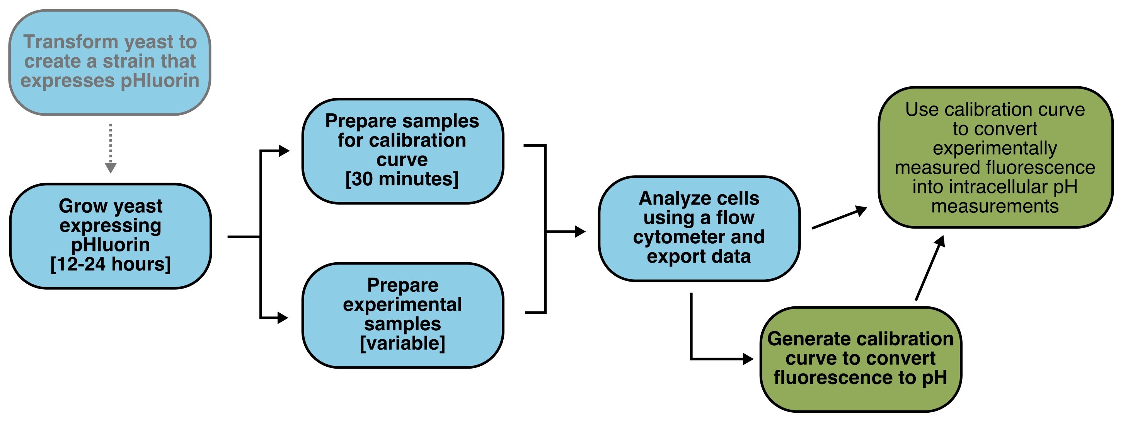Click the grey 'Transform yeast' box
click(x=110, y=62)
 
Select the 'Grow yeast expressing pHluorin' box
click(x=111, y=236)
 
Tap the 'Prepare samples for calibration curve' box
click(x=403, y=151)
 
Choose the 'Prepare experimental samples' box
click(x=403, y=315)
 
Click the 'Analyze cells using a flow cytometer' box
click(x=699, y=229)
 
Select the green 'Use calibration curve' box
click(x=996, y=157)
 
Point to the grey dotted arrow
click(x=111, y=149)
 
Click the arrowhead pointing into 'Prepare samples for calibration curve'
click(x=284, y=150)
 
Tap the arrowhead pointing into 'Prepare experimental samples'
click(x=283, y=318)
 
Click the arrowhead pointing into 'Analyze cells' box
click(x=580, y=231)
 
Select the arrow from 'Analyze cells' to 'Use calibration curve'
click(x=839, y=217)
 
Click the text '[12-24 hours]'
click(x=111, y=265)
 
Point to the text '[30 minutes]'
click(x=402, y=179)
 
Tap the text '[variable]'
click(x=403, y=343)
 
